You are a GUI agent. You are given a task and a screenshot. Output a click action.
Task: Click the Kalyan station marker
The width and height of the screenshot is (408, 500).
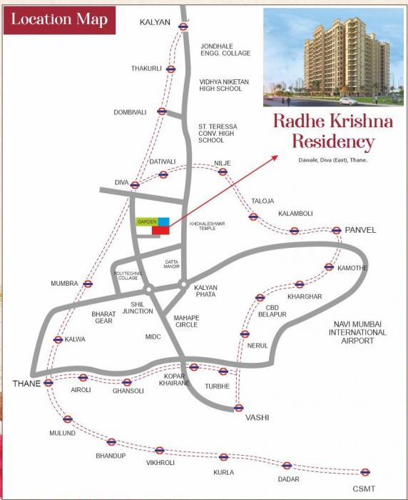click(x=183, y=26)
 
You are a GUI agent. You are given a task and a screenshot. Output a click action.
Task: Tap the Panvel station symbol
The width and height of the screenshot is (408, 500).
click(x=337, y=230)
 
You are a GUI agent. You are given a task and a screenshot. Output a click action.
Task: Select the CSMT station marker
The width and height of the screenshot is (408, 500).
click(x=365, y=471)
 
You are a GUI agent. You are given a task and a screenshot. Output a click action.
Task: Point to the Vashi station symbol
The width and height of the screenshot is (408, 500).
click(x=239, y=408)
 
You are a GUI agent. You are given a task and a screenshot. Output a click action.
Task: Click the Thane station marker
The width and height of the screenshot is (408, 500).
click(x=49, y=383)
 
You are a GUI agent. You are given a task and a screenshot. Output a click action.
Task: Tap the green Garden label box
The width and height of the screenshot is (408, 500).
click(x=147, y=222)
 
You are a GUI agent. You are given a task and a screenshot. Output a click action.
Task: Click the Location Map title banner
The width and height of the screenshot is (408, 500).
click(x=59, y=19)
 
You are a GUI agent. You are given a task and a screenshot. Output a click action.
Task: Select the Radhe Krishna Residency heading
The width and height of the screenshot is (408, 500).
click(x=333, y=131)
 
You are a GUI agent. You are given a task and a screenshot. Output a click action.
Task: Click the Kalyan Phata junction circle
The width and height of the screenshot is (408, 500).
click(x=183, y=285)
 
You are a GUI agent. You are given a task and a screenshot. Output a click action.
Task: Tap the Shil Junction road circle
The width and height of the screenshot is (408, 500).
click(x=149, y=289)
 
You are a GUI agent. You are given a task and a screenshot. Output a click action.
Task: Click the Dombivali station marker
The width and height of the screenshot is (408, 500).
click(x=162, y=111)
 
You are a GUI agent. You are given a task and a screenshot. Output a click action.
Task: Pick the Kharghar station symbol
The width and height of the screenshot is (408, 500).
click(x=300, y=284)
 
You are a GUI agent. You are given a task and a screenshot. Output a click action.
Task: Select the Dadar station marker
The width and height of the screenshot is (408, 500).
click(x=287, y=465)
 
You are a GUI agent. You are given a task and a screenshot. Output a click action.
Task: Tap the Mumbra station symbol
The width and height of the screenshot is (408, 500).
click(x=88, y=284)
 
